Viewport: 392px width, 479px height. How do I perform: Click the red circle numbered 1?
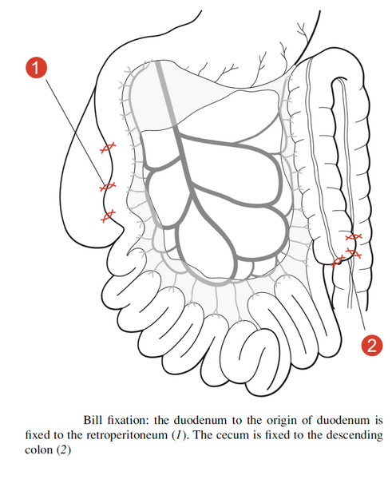[37, 68]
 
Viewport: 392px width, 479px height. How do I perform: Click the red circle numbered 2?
[371, 345]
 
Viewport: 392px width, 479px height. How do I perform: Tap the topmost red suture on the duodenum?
[108, 148]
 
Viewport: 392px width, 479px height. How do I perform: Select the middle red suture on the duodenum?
[108, 186]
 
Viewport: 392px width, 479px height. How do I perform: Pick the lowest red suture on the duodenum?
[108, 216]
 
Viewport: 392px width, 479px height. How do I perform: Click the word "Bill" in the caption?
[93, 420]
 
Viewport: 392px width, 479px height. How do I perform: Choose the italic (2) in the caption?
[63, 450]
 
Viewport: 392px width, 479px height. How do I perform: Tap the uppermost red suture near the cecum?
[354, 236]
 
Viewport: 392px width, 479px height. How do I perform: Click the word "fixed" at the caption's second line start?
[37, 435]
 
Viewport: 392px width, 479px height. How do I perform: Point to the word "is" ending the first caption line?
[379, 420]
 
